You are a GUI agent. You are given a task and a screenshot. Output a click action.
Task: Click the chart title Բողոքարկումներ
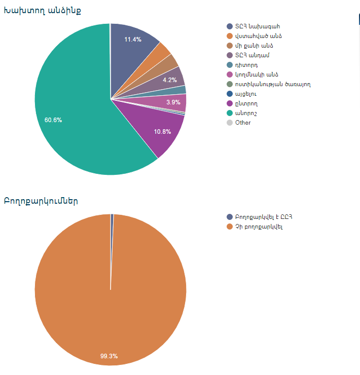(x=41, y=201)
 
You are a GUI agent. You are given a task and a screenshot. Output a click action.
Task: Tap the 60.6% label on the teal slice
(x=53, y=120)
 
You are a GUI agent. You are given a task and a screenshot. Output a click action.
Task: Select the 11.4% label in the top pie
(x=133, y=40)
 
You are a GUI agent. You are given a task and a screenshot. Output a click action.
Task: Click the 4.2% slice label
(x=170, y=80)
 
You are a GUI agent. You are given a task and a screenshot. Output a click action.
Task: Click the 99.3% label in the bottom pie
(x=109, y=356)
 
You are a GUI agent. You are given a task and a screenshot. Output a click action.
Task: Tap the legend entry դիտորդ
(x=247, y=65)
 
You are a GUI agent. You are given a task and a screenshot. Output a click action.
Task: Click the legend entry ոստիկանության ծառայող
(x=272, y=84)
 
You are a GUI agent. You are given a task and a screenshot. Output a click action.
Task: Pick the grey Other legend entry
(x=243, y=123)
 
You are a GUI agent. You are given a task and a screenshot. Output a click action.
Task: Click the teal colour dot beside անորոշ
(x=230, y=113)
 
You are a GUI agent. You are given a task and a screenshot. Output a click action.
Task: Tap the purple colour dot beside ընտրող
(x=230, y=103)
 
